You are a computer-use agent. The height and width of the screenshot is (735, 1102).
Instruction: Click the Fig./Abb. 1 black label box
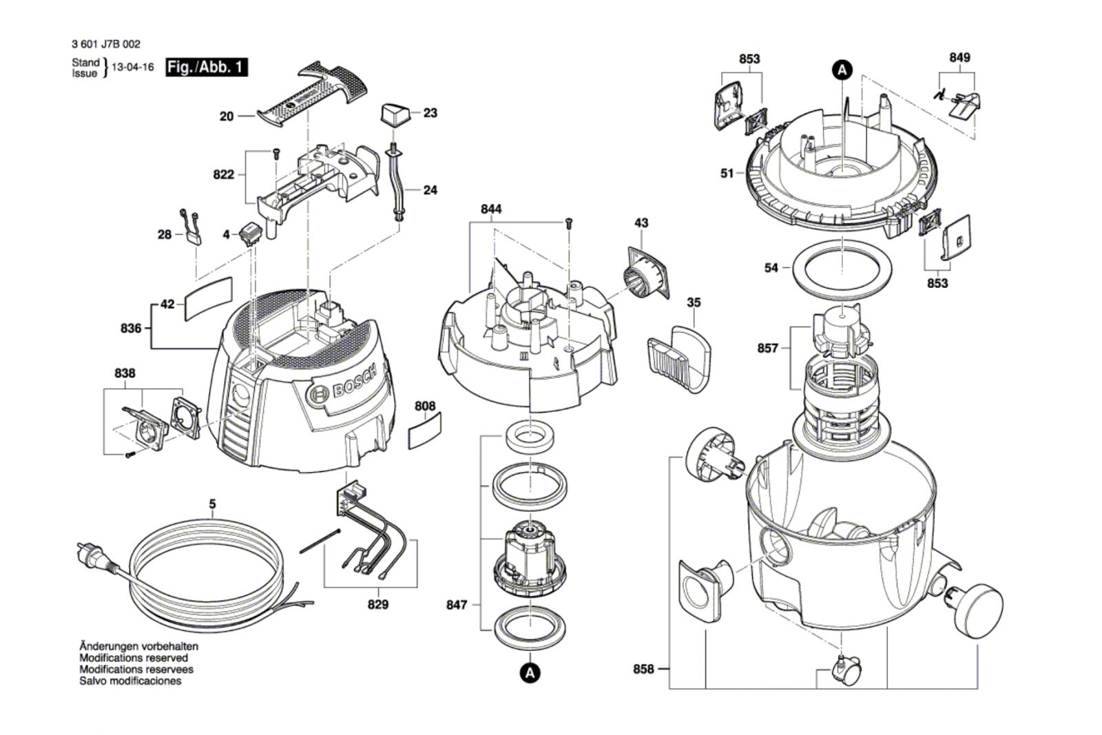click(207, 68)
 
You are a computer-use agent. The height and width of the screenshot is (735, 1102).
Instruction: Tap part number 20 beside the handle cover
click(227, 116)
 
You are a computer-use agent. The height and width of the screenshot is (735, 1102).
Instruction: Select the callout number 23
click(430, 112)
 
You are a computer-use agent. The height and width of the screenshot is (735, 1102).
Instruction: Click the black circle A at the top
click(842, 69)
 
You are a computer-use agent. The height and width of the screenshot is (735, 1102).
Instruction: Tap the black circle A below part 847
click(529, 672)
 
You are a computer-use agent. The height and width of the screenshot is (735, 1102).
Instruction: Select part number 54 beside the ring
click(771, 267)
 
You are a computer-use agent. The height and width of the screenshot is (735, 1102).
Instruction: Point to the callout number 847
click(456, 605)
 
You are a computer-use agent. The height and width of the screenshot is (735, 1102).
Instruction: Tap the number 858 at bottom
click(643, 669)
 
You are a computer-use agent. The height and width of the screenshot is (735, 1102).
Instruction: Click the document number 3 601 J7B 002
click(105, 44)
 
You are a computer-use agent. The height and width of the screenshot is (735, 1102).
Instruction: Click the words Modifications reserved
click(134, 658)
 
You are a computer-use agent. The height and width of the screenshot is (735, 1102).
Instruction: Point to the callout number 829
click(377, 604)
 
